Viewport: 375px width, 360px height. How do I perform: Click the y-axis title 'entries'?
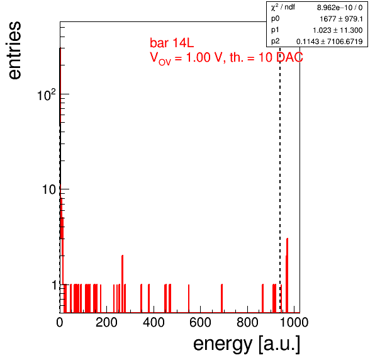[15, 50]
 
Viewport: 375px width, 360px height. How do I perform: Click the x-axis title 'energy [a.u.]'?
[247, 344]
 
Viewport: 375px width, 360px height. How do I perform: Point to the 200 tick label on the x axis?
[106, 322]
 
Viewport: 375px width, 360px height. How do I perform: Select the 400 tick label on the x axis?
[154, 322]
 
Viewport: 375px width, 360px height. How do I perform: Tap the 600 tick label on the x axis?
[201, 322]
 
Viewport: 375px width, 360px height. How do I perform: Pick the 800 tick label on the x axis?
[247, 322]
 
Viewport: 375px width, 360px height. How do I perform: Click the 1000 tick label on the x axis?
[294, 322]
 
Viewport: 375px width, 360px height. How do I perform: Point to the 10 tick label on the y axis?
[49, 189]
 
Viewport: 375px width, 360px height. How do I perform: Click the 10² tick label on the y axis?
[47, 95]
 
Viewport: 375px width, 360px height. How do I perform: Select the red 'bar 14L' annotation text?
[172, 43]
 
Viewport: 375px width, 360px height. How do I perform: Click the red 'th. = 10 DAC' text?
[266, 57]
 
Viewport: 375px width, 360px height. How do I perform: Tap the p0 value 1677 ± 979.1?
[341, 19]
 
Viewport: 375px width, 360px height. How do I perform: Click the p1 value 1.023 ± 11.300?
[338, 30]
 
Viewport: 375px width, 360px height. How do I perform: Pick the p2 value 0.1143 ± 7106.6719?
[330, 42]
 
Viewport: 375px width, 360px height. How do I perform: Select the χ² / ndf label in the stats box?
[283, 7]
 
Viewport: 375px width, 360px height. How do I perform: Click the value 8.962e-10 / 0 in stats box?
[340, 8]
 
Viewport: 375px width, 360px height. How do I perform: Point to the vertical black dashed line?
[280, 179]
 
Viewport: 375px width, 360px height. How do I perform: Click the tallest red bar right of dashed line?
[287, 275]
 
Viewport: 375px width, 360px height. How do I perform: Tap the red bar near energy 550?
[189, 298]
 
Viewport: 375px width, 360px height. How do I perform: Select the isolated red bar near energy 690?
[222, 298]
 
